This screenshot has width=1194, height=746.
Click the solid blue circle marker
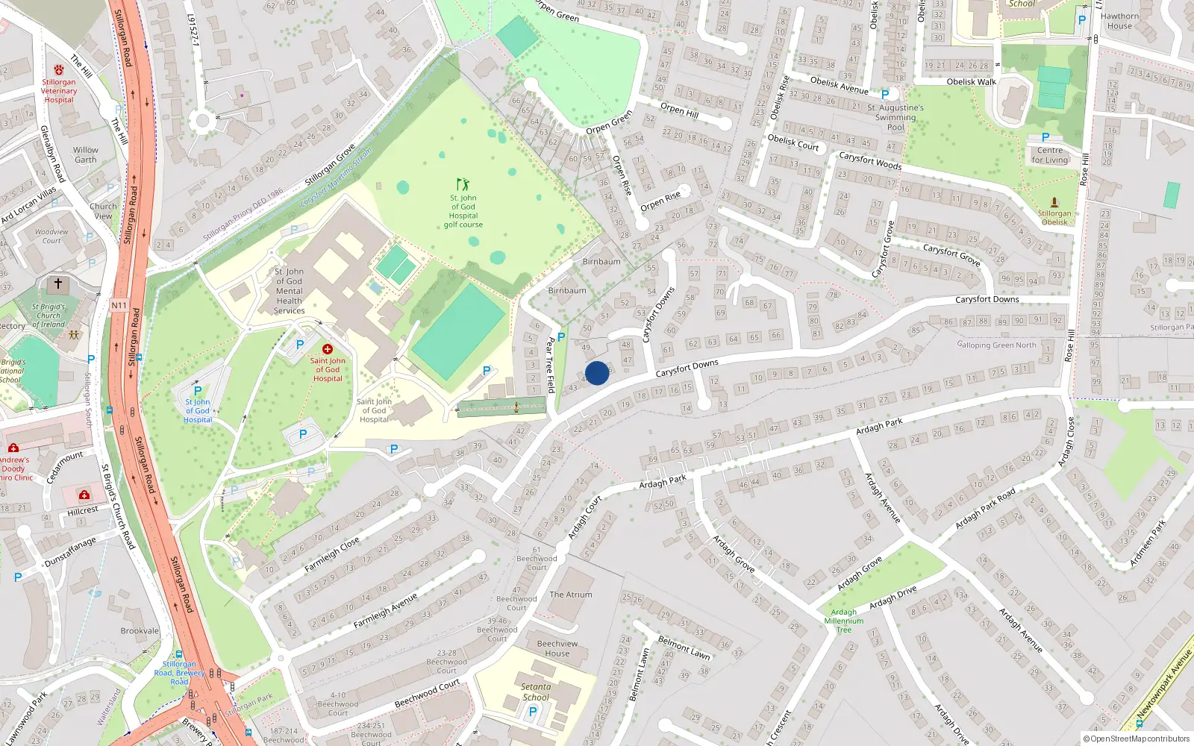pos(597,373)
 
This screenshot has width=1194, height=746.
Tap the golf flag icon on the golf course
pos(463,184)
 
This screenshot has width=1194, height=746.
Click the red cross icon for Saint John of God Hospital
pos(327,349)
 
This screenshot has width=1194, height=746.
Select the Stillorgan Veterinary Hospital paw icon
pos(58,70)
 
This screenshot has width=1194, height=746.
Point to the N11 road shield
pos(119,305)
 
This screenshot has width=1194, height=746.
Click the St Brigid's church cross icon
pos(58,284)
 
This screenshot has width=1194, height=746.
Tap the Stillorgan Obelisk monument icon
pos(1054,201)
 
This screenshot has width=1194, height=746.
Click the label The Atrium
pos(571,595)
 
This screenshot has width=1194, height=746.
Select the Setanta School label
pos(536,692)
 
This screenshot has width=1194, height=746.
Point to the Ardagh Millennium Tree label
pos(843,621)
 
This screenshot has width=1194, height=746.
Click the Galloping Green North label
pos(996,345)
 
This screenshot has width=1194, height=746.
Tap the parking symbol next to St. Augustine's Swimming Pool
pos(885,95)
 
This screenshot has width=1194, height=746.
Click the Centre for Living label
pos(1050,155)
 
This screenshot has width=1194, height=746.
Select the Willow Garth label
pos(85,154)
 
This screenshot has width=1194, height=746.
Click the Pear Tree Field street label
pos(551,365)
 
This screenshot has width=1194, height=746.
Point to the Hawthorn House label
pos(1119,21)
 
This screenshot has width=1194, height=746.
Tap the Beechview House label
pos(557,648)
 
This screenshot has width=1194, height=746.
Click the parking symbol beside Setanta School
pos(533,712)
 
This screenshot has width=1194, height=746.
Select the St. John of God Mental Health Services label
pos(289,291)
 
